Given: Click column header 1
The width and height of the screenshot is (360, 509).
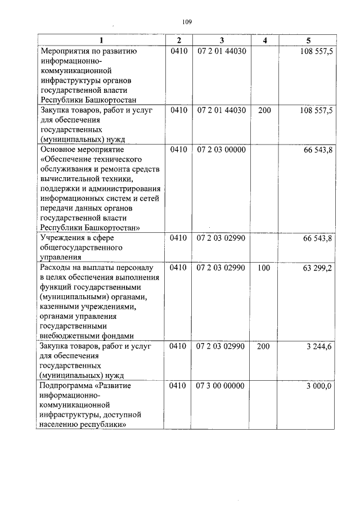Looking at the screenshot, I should pyautogui.click(x=101, y=40).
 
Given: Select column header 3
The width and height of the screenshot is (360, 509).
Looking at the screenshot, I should pyautogui.click(x=222, y=40).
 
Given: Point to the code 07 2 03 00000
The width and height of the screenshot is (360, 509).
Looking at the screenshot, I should pyautogui.click(x=222, y=150).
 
